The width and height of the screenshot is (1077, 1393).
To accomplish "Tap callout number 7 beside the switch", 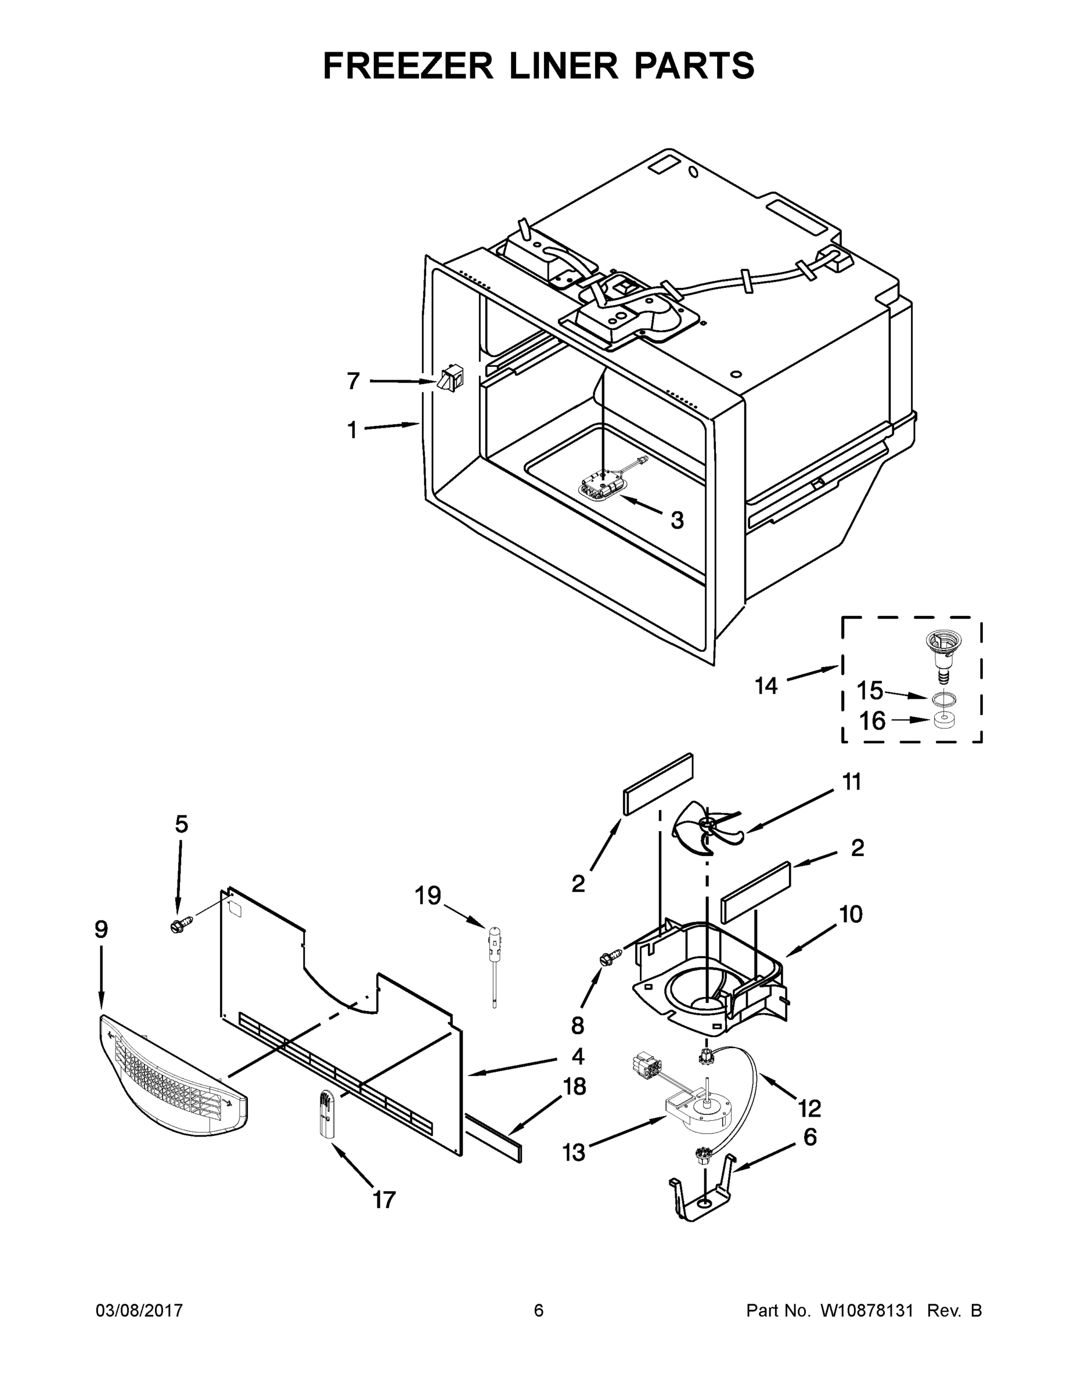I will pyautogui.click(x=353, y=381).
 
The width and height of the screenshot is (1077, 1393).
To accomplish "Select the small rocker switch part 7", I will pyautogui.click(x=450, y=378).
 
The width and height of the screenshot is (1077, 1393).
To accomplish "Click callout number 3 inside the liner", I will pyautogui.click(x=677, y=520).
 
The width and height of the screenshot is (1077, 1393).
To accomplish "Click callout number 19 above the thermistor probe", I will pyautogui.click(x=427, y=896).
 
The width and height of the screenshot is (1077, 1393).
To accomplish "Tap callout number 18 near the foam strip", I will pyautogui.click(x=574, y=1086).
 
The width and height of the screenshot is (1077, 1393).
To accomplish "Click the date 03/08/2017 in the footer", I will pyautogui.click(x=139, y=1311).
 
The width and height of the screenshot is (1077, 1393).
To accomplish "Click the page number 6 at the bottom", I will pyautogui.click(x=539, y=1311).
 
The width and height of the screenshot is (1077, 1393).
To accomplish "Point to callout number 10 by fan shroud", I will pyautogui.click(x=851, y=914).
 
